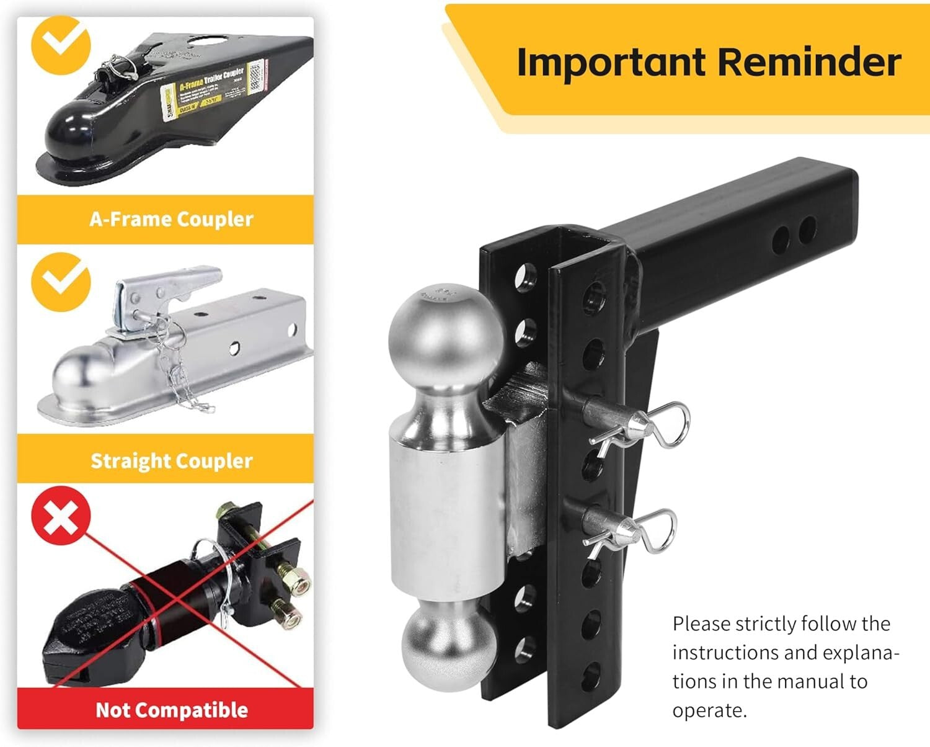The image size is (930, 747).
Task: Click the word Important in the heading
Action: coord(611,63)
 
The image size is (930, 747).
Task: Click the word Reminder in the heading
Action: coord(810,63)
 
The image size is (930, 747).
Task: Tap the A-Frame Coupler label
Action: coord(171,219)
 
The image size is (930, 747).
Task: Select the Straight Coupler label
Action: coord(171,460)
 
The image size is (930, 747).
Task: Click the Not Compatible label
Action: coord(171,709)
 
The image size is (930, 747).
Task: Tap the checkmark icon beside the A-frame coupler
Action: coord(61,45)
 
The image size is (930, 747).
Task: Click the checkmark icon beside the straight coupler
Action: coord(61,281)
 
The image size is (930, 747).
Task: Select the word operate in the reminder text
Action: coord(708,710)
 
